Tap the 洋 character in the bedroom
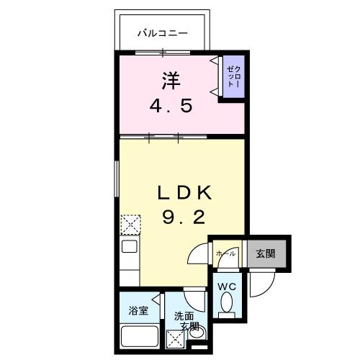tap(170, 79)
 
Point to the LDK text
tap(184, 193)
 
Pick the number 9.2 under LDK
tap(184, 217)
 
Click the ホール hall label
tap(225, 253)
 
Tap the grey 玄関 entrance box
tap(266, 253)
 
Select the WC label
tap(228, 287)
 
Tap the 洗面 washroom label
tap(184, 315)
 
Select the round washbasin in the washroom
tap(199, 332)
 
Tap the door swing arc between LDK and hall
tap(197, 257)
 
